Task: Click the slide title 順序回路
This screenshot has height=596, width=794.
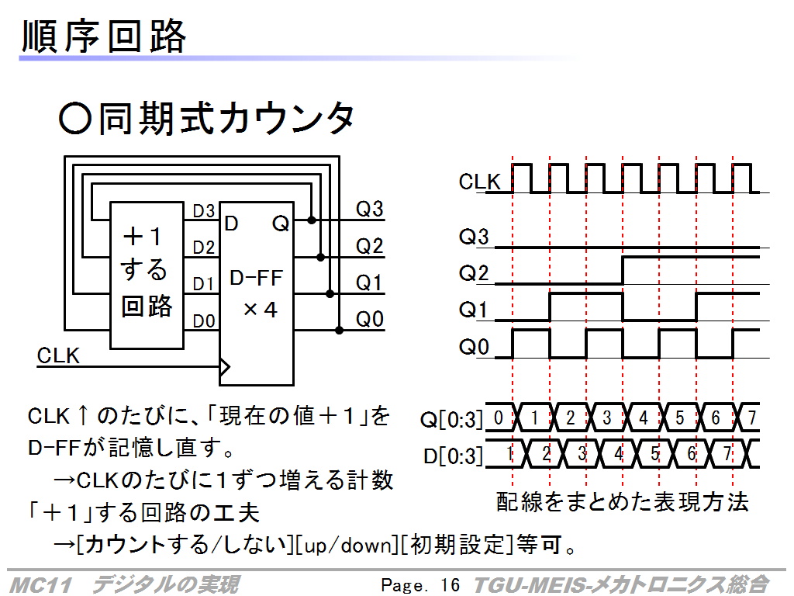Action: click(104, 36)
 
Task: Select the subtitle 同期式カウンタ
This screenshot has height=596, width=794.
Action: click(226, 118)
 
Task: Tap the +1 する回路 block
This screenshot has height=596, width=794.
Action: click(147, 275)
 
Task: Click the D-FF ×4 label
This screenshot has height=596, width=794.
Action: click(257, 294)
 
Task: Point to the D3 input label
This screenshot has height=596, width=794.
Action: click(204, 211)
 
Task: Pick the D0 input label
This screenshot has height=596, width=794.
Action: click(204, 321)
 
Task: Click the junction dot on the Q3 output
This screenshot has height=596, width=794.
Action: click(312, 220)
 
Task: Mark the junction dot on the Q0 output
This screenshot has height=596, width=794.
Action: click(340, 331)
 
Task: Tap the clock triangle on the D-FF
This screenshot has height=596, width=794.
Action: click(225, 366)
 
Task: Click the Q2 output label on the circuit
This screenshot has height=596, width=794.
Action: click(369, 246)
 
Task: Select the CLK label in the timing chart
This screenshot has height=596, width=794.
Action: click(479, 182)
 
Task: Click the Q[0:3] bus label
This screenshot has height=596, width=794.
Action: click(452, 420)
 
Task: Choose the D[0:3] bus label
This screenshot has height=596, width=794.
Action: click(453, 456)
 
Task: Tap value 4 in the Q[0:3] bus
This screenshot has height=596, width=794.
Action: click(643, 418)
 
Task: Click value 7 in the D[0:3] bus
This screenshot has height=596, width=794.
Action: click(727, 453)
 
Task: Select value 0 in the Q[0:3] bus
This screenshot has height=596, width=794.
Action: click(499, 418)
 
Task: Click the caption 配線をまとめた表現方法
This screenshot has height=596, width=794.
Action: click(623, 502)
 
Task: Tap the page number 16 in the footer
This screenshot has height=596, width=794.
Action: click(450, 585)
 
